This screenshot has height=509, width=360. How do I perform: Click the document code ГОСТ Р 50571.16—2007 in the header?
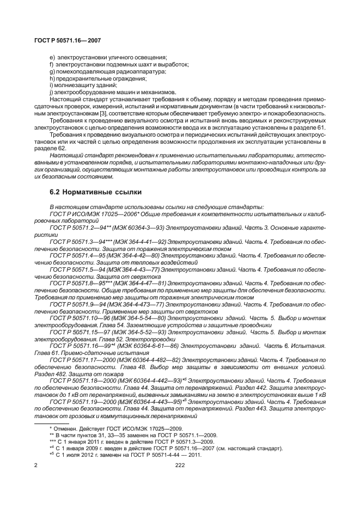coord(67,40)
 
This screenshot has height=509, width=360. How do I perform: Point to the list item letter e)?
coord(52,58)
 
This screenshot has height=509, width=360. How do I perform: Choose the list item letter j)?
coord(51,93)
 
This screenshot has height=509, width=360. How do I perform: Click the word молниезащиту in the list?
coord(74,85)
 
